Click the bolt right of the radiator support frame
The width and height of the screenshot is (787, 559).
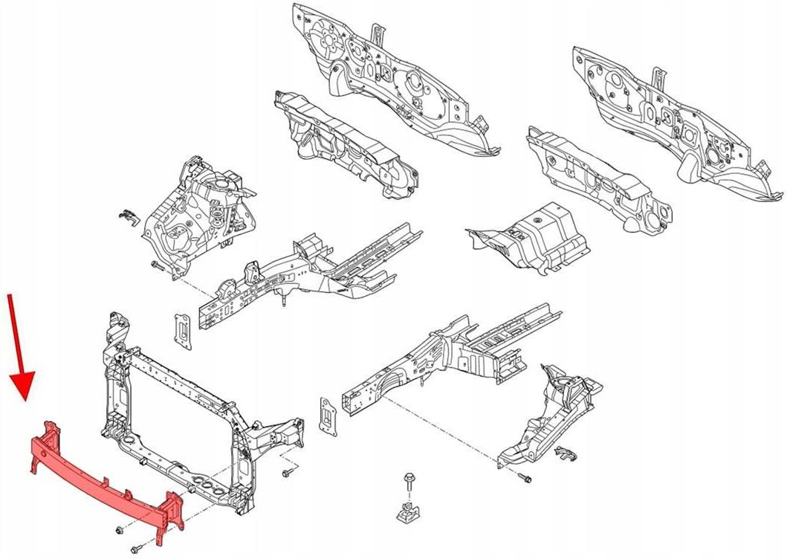pos(288,474)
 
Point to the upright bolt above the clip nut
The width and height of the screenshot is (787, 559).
pos(407,481)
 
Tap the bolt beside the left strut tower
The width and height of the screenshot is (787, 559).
pos(156,265)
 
